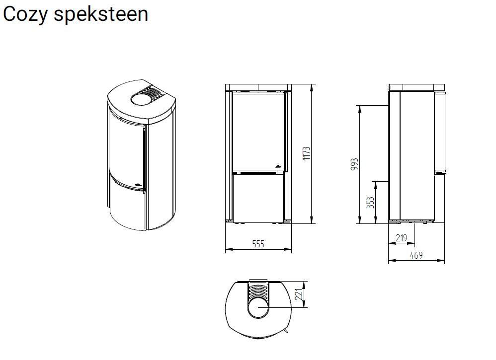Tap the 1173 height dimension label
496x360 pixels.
pos(307,153)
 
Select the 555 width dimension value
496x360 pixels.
pos(258,244)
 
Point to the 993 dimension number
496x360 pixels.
pos(354,164)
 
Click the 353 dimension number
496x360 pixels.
pos(370,203)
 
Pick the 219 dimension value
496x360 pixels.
pos(401,238)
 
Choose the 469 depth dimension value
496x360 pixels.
pos(416,255)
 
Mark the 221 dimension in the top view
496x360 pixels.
pos(299,294)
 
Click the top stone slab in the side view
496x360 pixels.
pos(416,88)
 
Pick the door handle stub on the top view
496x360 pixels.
pos(287,331)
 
